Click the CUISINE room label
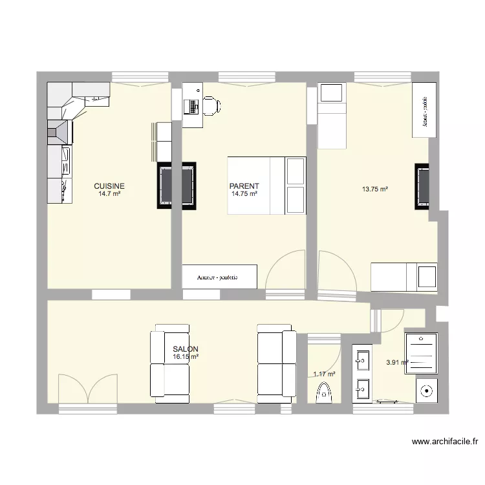coord(109,186)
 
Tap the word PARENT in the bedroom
coord(244,186)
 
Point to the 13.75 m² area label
coord(374,189)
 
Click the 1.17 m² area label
coord(324,374)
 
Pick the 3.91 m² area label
coord(396,363)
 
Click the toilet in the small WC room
coord(325,392)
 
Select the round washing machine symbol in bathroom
coord(426,391)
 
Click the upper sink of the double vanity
coord(362,357)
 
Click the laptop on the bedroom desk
coord(192,105)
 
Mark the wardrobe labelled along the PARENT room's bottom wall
coord(219,277)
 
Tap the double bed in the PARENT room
coord(266,185)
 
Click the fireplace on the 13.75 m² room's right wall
coord(422,186)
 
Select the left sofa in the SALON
coord(169,364)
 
